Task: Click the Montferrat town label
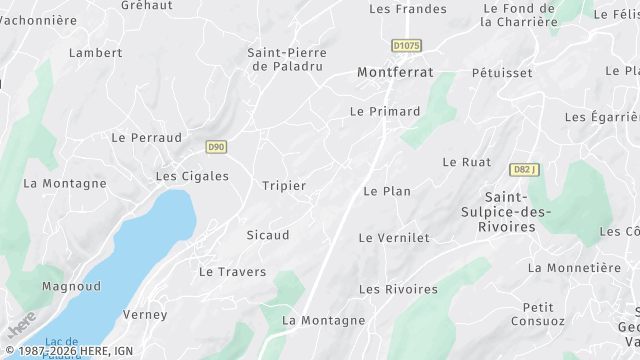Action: pos(396,73)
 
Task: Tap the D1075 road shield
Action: pos(407,45)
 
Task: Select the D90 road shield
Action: pos(216,147)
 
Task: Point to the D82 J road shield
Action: pos(524,170)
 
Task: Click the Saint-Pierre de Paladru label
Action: pos(288,59)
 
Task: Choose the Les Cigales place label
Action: pos(192,176)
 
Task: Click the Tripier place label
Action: pos(283,186)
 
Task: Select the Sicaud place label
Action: pos(267,236)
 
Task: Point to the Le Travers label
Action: pos(232,272)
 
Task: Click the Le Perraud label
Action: pos(146,137)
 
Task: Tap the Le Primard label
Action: pos(385,112)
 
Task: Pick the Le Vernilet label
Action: pos(394,238)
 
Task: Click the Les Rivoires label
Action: pos(398,290)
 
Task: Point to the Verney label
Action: pos(145,315)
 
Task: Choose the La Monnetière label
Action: pos(574,268)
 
